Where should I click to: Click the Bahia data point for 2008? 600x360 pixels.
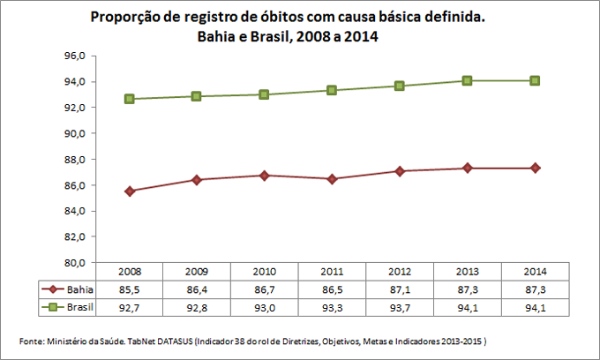129,191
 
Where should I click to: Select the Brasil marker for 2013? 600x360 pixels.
467,81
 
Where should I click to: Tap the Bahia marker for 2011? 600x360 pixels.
332,179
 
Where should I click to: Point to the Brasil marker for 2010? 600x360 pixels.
264,94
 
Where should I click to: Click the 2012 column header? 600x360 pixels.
399,272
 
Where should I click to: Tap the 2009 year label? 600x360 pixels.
196,272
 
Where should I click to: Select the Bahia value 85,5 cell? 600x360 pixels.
129,289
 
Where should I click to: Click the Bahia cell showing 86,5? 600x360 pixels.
332,289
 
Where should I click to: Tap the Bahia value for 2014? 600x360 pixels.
534,289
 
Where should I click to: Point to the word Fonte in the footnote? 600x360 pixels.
33,341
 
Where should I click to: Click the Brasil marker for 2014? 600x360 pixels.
534,81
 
